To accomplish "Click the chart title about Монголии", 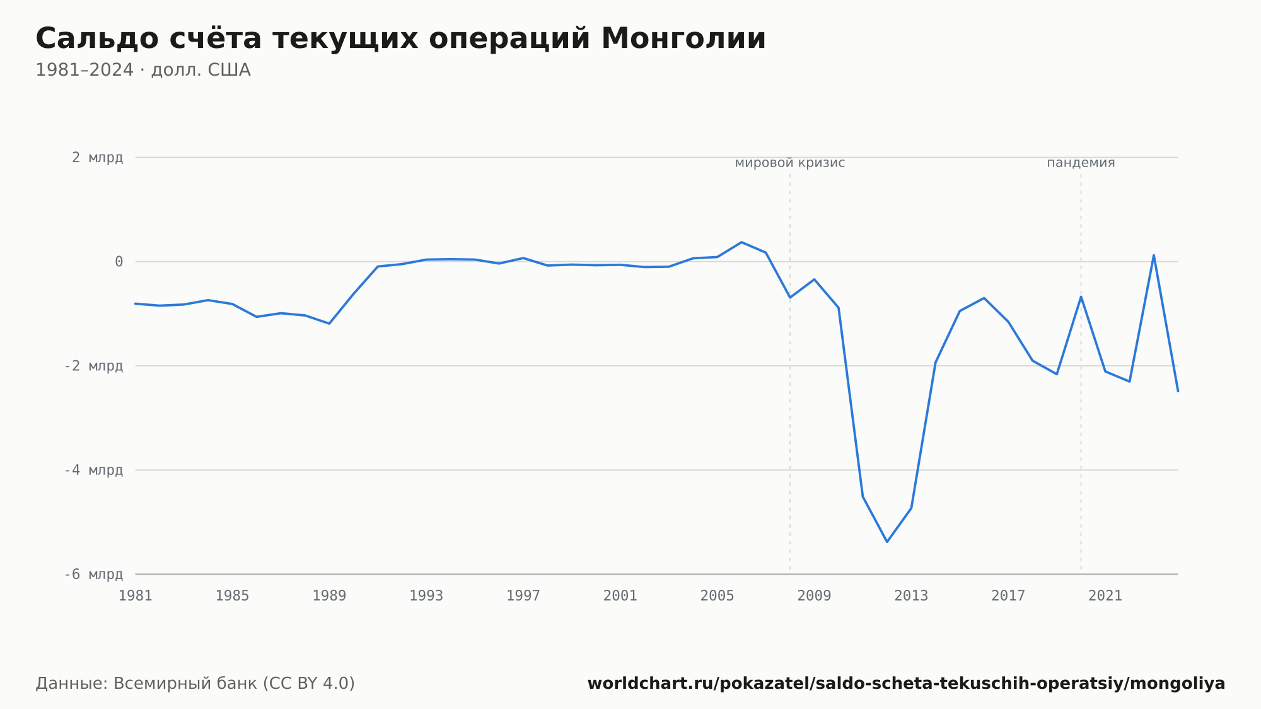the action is [400, 39].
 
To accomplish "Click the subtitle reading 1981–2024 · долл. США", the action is [143, 70].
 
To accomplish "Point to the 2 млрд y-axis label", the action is [97, 158].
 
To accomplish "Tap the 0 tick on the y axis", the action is [119, 262].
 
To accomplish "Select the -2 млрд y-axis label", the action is [93, 366].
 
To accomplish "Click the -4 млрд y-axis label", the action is [93, 470].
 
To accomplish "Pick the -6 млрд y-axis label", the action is [93, 574].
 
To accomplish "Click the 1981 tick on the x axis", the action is [136, 595].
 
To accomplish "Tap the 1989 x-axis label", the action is [329, 595].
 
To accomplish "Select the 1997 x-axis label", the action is [523, 595].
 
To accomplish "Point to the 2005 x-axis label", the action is [718, 595].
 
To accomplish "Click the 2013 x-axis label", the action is [911, 595].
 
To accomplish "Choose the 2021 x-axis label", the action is [1105, 595].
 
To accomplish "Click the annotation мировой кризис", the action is [790, 163].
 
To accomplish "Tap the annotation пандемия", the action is [1081, 163].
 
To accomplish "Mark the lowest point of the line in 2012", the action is [887, 542].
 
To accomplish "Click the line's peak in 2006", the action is [741, 242].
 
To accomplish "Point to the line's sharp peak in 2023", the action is [1154, 255].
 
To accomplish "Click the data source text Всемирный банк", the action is [185, 683].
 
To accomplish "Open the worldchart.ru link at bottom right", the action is [906, 684].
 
